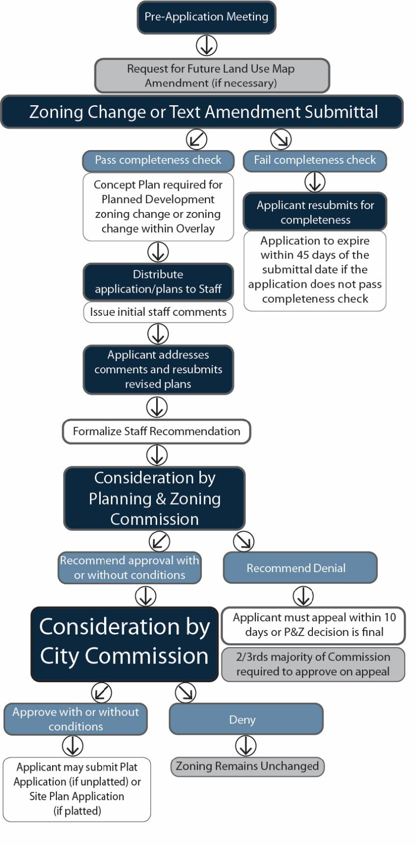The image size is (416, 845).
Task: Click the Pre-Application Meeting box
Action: (x=206, y=17)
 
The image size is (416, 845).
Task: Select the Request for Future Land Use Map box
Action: (x=212, y=76)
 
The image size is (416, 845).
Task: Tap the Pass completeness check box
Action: (x=158, y=160)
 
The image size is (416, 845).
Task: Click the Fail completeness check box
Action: (x=315, y=160)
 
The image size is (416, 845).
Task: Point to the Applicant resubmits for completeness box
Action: (x=315, y=212)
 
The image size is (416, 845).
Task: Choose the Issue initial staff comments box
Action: (x=158, y=312)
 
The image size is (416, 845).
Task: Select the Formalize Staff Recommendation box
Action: (x=156, y=431)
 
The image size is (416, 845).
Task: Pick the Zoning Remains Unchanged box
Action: (x=248, y=766)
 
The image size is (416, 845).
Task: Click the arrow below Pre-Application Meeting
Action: (x=207, y=46)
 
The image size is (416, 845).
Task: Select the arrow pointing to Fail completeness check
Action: (x=281, y=139)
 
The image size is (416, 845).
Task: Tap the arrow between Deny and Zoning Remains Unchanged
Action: (x=246, y=746)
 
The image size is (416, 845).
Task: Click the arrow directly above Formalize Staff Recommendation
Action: (x=157, y=407)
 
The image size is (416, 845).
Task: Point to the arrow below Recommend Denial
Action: (x=303, y=596)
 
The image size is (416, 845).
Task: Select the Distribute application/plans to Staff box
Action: (x=158, y=282)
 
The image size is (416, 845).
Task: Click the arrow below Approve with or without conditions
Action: (x=72, y=746)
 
